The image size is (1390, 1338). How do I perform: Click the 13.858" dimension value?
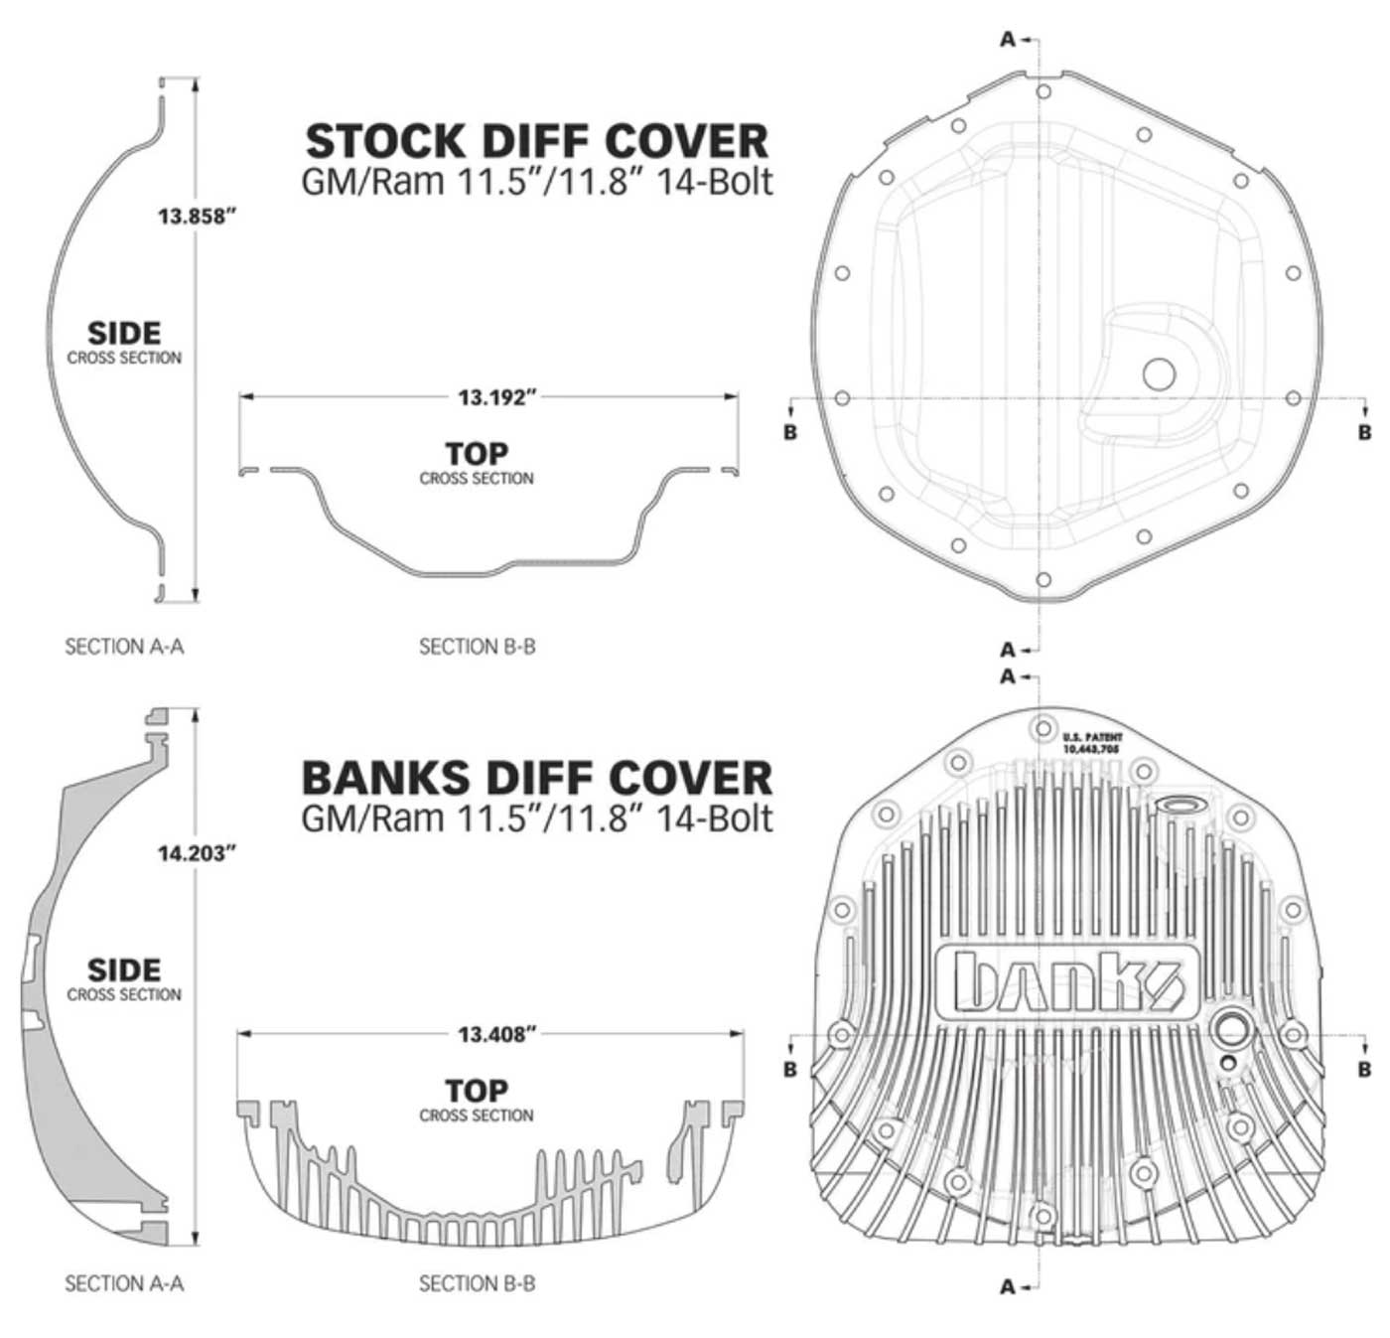pyautogui.click(x=197, y=216)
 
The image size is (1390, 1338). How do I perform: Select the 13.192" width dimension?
pyautogui.click(x=496, y=397)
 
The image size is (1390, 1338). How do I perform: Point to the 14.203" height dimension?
pyautogui.click(x=197, y=852)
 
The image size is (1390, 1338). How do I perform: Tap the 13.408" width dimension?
pyautogui.click(x=496, y=1034)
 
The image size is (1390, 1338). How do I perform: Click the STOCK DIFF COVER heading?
pyautogui.click(x=536, y=141)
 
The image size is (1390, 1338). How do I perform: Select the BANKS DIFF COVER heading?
pyautogui.click(x=536, y=778)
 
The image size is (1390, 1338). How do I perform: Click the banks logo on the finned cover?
pyautogui.click(x=1067, y=981)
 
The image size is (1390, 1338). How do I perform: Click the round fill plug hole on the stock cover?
pyautogui.click(x=1159, y=374)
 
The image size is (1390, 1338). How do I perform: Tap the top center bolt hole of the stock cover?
pyautogui.click(x=1042, y=92)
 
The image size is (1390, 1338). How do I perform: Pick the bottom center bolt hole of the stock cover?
pyautogui.click(x=1042, y=580)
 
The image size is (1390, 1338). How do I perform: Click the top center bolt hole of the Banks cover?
pyautogui.click(x=1042, y=728)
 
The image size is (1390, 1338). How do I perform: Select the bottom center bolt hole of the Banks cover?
pyautogui.click(x=1042, y=1215)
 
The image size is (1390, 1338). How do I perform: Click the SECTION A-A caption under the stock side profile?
pyautogui.click(x=124, y=647)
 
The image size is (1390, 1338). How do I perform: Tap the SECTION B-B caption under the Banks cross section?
pyautogui.click(x=477, y=1283)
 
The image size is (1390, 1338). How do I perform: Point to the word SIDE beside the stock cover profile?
pyautogui.click(x=124, y=333)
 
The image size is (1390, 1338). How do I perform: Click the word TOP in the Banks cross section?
pyautogui.click(x=477, y=1091)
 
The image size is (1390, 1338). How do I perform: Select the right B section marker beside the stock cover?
pyautogui.click(x=1364, y=432)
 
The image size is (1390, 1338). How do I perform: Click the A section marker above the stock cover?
pyautogui.click(x=1008, y=40)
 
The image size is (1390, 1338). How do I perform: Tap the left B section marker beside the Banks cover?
pyautogui.click(x=790, y=1069)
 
